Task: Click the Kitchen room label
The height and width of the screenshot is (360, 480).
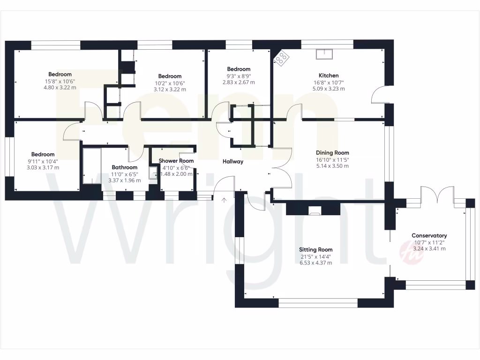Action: [x=328, y=75]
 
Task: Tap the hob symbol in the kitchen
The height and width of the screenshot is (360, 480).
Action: [x=282, y=58]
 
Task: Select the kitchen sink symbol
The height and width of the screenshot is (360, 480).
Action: [x=324, y=54]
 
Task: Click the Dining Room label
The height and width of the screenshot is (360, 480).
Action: [x=332, y=152]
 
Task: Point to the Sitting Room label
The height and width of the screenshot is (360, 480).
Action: [x=316, y=249]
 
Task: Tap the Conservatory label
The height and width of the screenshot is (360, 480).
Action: [x=429, y=235]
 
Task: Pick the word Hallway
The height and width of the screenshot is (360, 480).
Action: [x=233, y=161]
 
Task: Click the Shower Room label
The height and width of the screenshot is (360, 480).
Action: [x=176, y=161]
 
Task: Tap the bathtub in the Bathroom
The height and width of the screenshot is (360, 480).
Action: [x=92, y=166]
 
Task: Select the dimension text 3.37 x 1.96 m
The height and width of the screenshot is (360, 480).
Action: [x=124, y=180]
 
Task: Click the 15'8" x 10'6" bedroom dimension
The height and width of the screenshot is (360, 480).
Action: [x=60, y=81]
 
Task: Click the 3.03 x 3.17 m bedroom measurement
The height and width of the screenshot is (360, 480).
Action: [x=43, y=167]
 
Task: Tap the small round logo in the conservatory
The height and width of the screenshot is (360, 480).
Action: [x=405, y=251]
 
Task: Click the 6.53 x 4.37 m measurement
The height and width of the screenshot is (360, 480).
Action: [x=316, y=262]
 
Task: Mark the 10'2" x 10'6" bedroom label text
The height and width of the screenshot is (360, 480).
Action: [x=169, y=83]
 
